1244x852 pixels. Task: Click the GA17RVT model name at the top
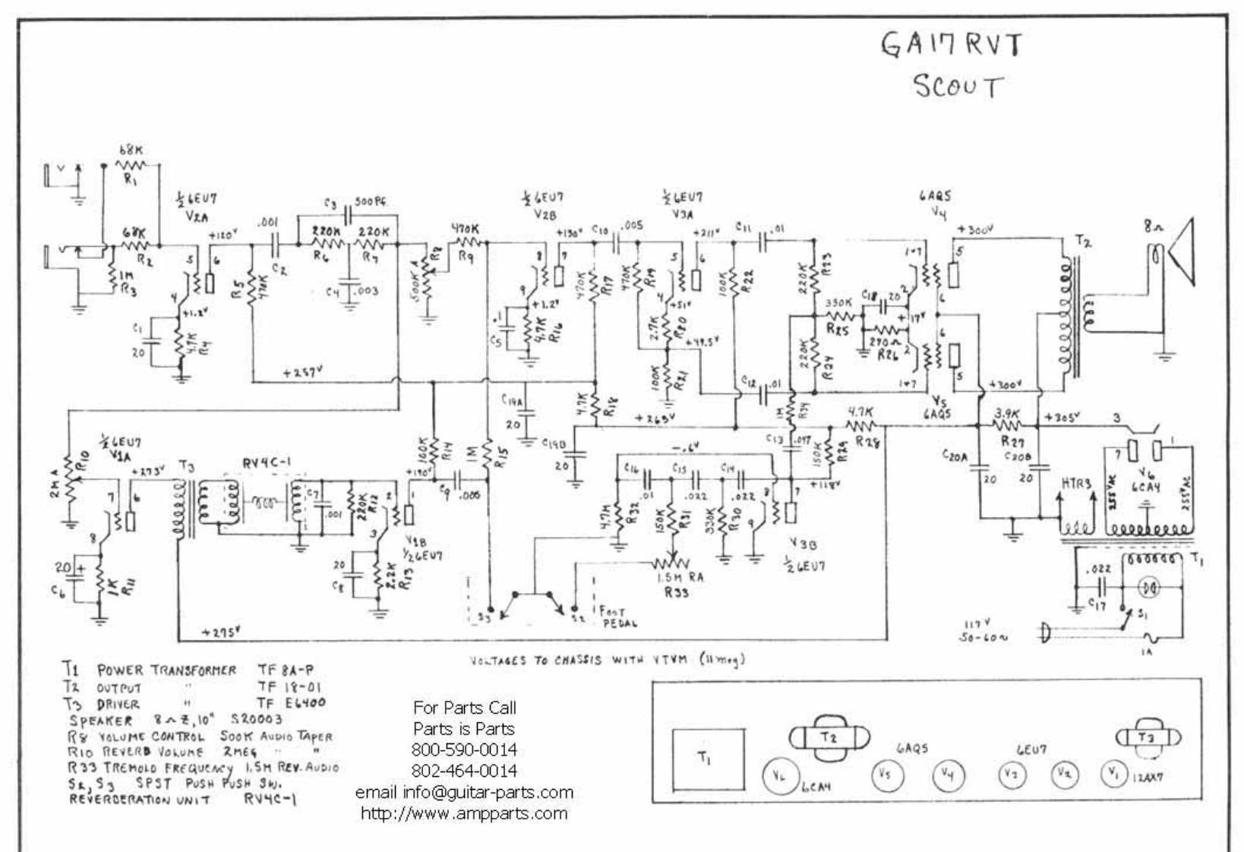(x=950, y=45)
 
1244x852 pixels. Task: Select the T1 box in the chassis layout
(x=706, y=757)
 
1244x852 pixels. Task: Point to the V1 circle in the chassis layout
(x=1113, y=773)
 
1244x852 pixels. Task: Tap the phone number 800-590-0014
(x=464, y=749)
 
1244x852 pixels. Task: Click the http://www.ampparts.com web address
(x=464, y=813)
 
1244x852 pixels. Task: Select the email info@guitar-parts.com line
(x=464, y=792)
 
